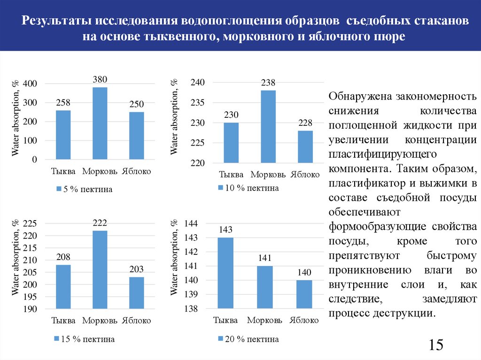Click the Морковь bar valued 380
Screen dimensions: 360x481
100,123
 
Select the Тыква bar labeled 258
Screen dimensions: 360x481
63,135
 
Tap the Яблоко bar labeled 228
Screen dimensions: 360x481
305,146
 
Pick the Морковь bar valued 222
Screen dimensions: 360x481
100,269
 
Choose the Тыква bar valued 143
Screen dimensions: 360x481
225,273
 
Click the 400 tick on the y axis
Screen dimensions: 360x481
30,84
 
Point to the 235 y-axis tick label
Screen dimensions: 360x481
198,103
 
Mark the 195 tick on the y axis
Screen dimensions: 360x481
30,297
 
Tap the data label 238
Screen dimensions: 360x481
268,83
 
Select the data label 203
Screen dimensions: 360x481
136,269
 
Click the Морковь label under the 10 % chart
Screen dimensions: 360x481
268,175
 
